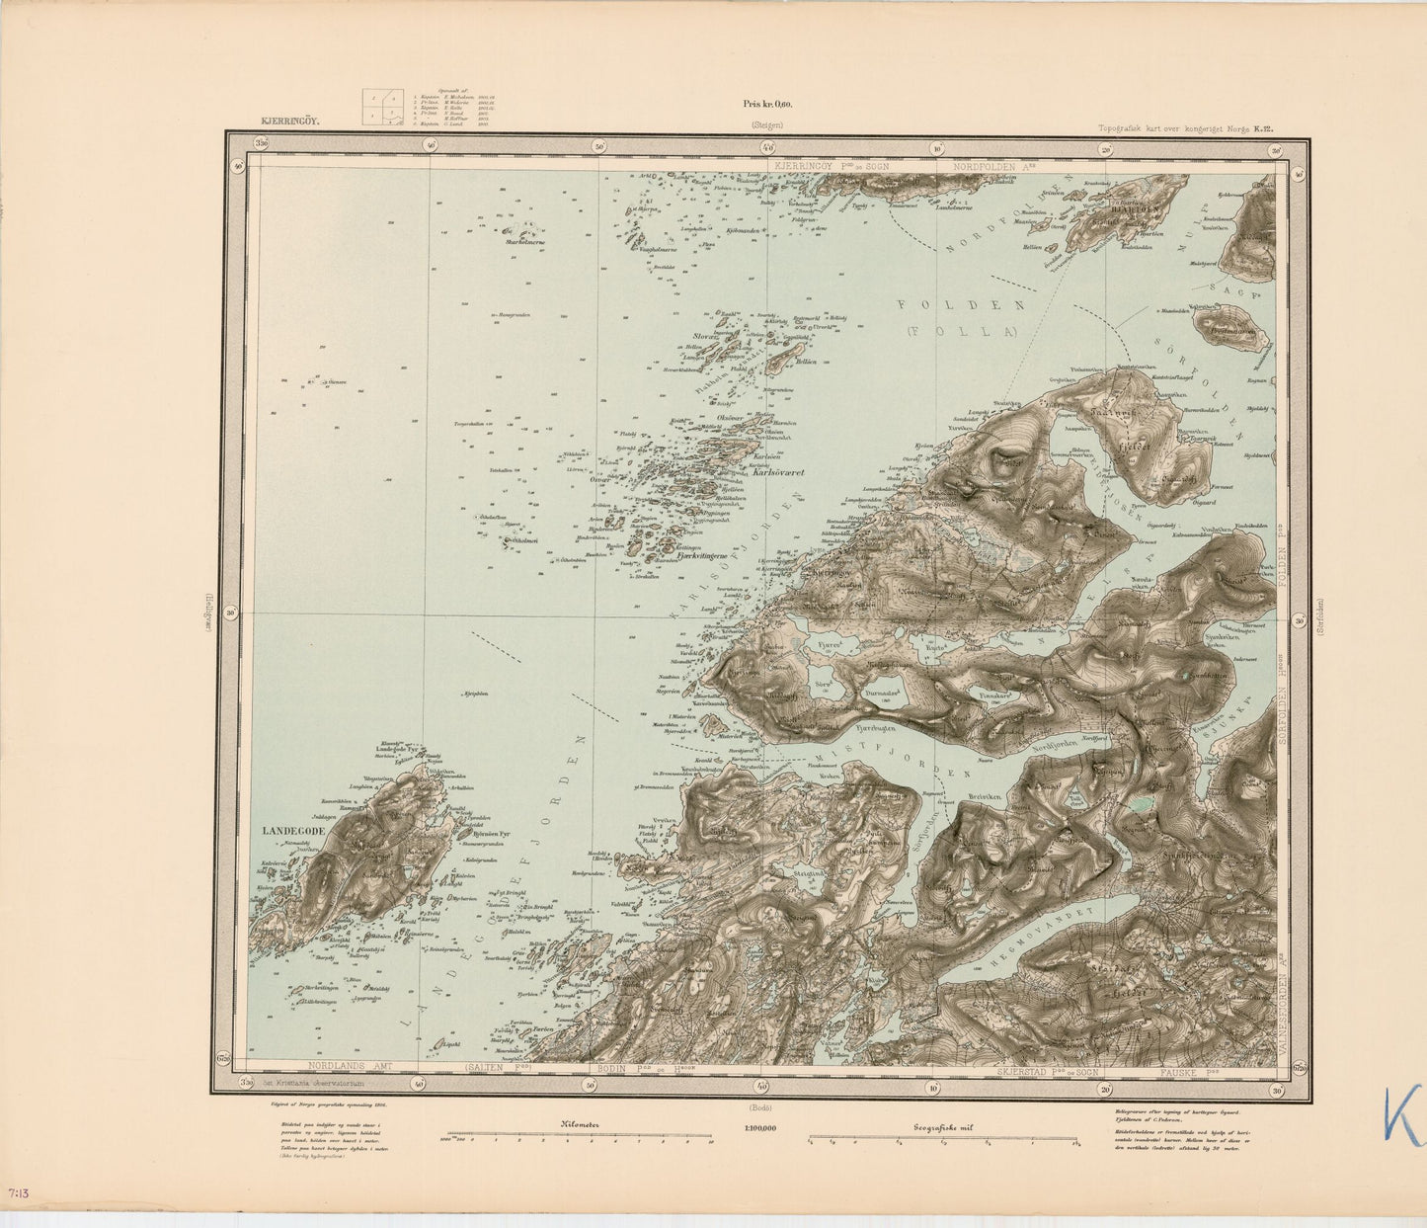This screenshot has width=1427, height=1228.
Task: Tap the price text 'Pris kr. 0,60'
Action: click(x=767, y=104)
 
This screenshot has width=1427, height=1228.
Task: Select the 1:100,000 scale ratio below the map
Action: click(x=755, y=1128)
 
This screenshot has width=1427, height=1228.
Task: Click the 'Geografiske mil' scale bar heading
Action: click(x=941, y=1124)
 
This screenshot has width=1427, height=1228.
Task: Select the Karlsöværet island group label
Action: click(x=778, y=473)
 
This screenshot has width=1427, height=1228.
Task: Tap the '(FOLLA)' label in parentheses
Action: click(x=962, y=333)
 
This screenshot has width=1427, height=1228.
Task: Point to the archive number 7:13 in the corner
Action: click(x=18, y=1194)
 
